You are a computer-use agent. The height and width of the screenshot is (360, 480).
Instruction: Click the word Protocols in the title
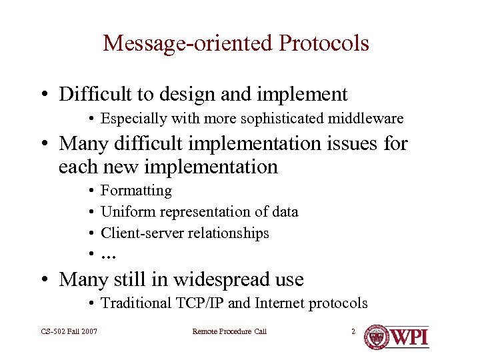tap(324, 43)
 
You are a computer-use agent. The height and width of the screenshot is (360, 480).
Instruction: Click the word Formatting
tap(136, 191)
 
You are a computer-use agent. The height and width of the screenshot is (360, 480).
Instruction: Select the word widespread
tap(208, 279)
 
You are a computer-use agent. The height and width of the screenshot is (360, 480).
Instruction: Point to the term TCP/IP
tap(199, 303)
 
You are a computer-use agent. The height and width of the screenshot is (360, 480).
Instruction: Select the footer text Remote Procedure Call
tap(229, 331)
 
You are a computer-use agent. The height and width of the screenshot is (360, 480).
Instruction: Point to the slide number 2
tap(353, 331)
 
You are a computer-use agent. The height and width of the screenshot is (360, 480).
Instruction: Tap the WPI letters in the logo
tap(409, 336)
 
